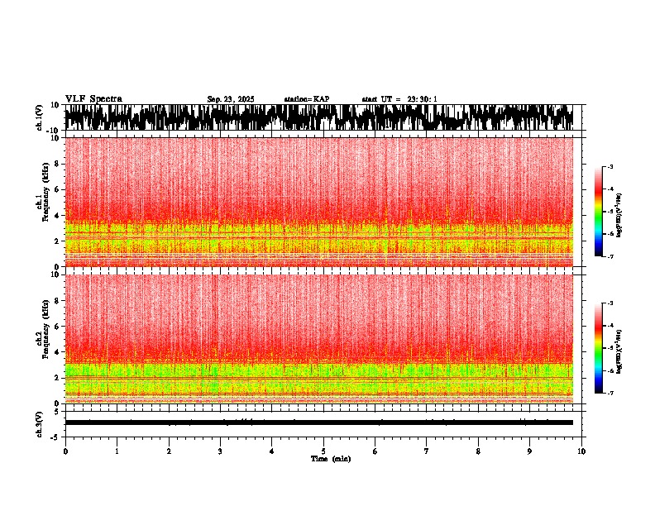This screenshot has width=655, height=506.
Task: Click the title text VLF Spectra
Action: click(x=93, y=99)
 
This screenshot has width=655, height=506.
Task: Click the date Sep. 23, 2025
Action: click(x=231, y=99)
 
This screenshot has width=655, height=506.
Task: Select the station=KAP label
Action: click(x=306, y=99)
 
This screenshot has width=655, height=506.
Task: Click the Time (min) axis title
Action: click(x=330, y=459)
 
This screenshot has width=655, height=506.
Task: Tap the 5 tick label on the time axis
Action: click(x=323, y=451)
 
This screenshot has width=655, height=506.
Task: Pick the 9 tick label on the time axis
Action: click(x=530, y=451)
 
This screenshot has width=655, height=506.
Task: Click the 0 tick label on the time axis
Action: click(x=65, y=451)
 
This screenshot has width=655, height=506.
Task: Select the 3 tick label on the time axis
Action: click(x=220, y=451)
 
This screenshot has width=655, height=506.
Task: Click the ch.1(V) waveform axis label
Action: click(x=40, y=117)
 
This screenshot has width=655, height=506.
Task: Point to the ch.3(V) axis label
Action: click(x=40, y=422)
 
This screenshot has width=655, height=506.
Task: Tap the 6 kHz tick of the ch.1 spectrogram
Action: click(x=58, y=189)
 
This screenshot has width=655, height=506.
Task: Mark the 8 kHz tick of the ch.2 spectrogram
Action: click(x=58, y=300)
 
